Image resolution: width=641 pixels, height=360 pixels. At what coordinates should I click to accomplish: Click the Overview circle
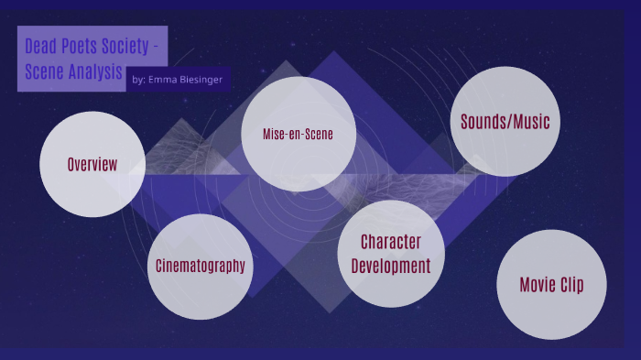coord(92,164)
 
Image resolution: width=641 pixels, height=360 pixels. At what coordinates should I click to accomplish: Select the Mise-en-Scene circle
coord(299,134)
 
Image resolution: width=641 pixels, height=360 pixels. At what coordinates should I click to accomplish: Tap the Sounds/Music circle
coord(505,121)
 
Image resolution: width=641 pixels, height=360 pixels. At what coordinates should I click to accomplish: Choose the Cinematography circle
coord(200,266)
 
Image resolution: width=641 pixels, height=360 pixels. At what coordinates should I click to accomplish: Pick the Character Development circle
coord(391,254)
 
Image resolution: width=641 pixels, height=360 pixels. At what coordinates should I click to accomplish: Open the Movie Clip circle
coord(551,284)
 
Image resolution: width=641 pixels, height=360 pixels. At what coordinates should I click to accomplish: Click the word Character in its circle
coord(391,242)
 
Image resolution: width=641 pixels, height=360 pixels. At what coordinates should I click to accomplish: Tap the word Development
coord(391,266)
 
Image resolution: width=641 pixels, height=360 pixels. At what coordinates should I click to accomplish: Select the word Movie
coord(536,284)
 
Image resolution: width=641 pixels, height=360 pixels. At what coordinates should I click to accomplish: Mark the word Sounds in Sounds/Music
coord(483,121)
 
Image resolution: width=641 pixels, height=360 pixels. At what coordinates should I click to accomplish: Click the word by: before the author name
coord(138,80)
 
